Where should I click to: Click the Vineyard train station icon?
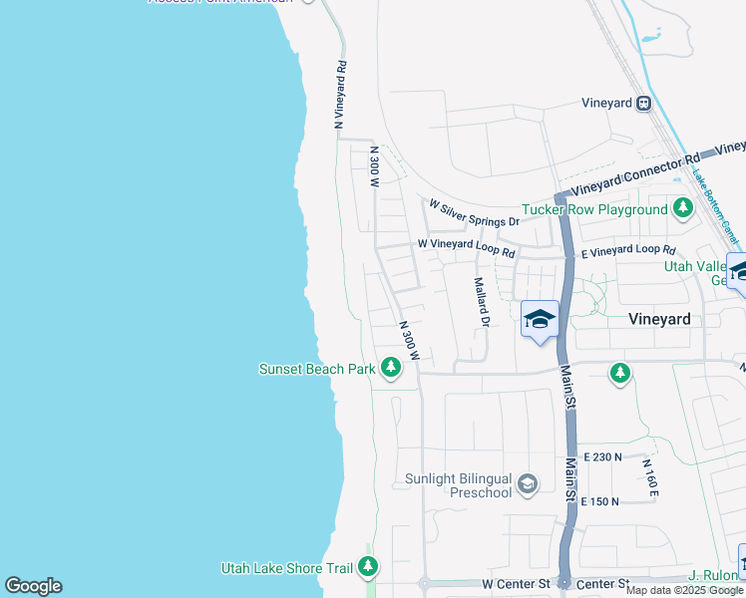pyautogui.click(x=645, y=103)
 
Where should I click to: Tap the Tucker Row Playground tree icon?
pyautogui.click(x=683, y=209)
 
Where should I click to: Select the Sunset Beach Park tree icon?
pyautogui.click(x=391, y=369)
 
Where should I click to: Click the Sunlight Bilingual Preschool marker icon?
pyautogui.click(x=528, y=485)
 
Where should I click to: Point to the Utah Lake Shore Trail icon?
pyautogui.click(x=368, y=568)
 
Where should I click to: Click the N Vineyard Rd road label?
pyautogui.click(x=340, y=96)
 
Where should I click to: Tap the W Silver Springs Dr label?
pyautogui.click(x=474, y=212)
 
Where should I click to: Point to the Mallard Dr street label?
pyautogui.click(x=482, y=302)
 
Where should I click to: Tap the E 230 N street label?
pyautogui.click(x=602, y=456)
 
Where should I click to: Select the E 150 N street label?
pyautogui.click(x=602, y=501)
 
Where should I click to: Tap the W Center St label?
pyautogui.click(x=516, y=582)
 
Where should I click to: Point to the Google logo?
pyautogui.click(x=33, y=586)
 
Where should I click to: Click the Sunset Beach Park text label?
pyautogui.click(x=316, y=370)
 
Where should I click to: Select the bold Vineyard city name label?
pyautogui.click(x=659, y=320)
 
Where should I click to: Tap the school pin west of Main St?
pyautogui.click(x=540, y=320)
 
